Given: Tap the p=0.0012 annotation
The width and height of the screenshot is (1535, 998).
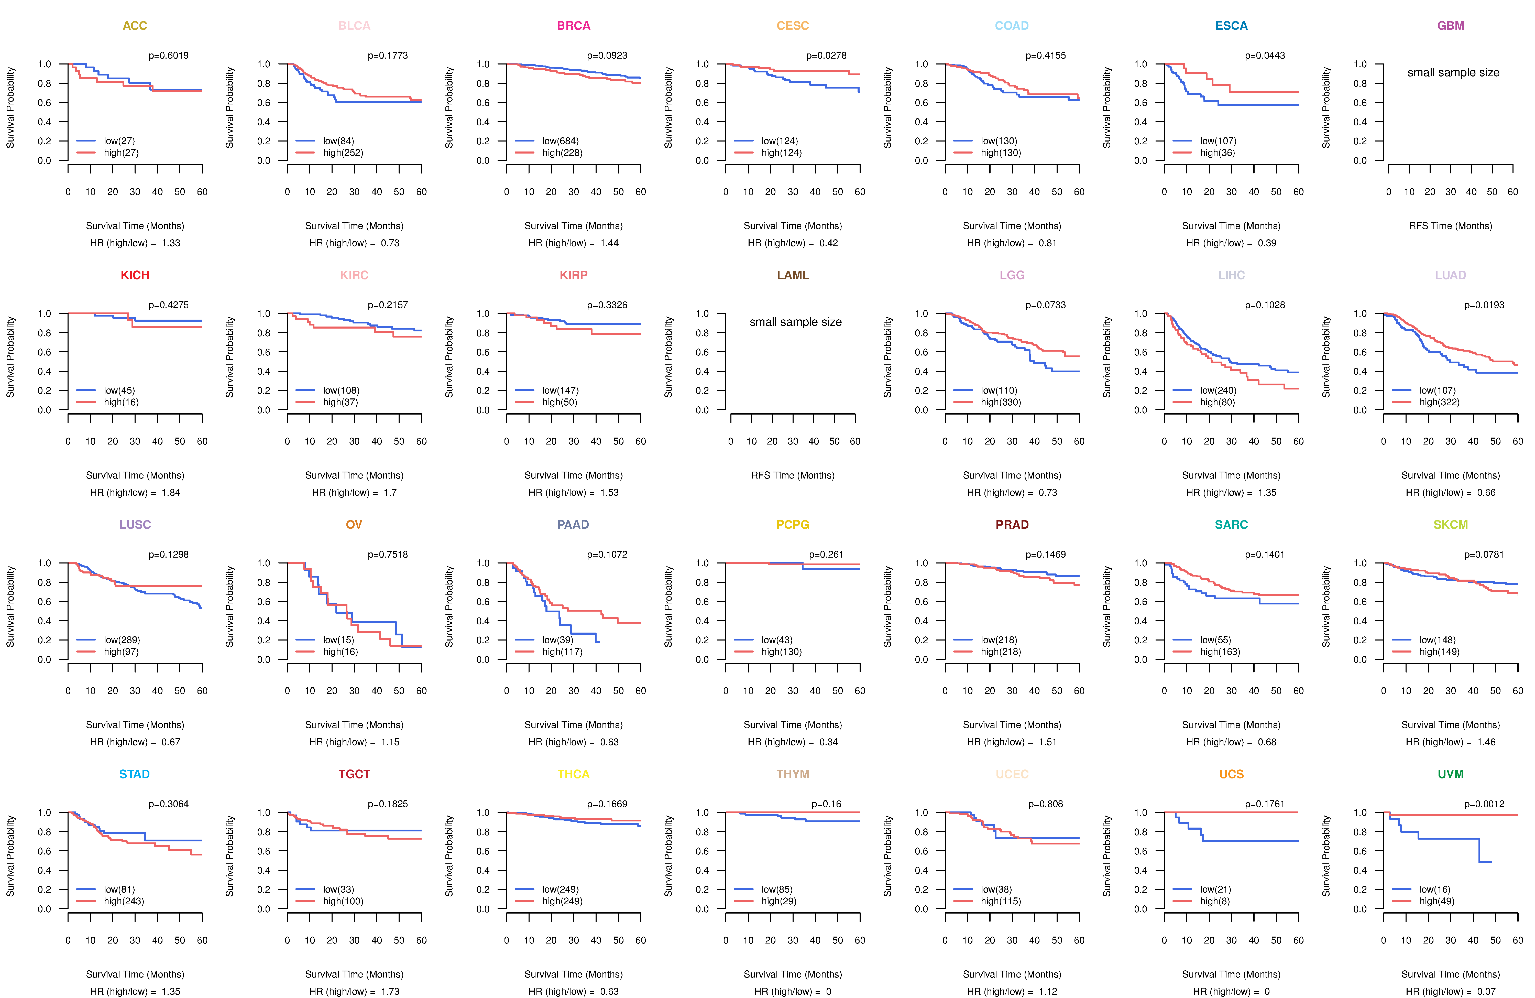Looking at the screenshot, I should click(1484, 804).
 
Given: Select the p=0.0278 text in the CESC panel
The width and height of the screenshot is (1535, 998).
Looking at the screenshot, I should click(826, 56).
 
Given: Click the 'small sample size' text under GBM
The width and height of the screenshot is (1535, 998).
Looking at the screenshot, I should click(1453, 72).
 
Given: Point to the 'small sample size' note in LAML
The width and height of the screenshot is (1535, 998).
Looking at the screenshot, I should click(795, 322).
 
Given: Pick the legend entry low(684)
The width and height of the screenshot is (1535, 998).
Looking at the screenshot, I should click(560, 141).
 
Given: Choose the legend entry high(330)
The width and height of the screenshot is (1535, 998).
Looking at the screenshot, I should click(1000, 402).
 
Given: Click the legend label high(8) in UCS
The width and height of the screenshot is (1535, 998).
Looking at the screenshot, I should click(1214, 901).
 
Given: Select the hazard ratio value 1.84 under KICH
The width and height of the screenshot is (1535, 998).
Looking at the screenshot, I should click(171, 492).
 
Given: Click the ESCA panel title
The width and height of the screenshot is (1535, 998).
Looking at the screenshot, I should click(1231, 26).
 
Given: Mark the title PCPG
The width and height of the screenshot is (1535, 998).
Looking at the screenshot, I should click(793, 525).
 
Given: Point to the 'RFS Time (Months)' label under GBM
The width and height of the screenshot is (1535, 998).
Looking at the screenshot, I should click(1451, 226).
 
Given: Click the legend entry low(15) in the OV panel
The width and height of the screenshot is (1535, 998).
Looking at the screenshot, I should click(338, 640).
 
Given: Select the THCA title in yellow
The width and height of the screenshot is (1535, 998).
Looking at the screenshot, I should click(573, 774).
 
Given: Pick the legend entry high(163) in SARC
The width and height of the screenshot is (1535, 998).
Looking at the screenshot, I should click(1220, 652).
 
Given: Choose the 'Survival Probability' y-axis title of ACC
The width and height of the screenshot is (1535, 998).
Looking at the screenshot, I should click(10, 108).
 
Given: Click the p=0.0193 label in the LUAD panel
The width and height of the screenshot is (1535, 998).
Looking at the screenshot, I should click(1484, 305).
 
